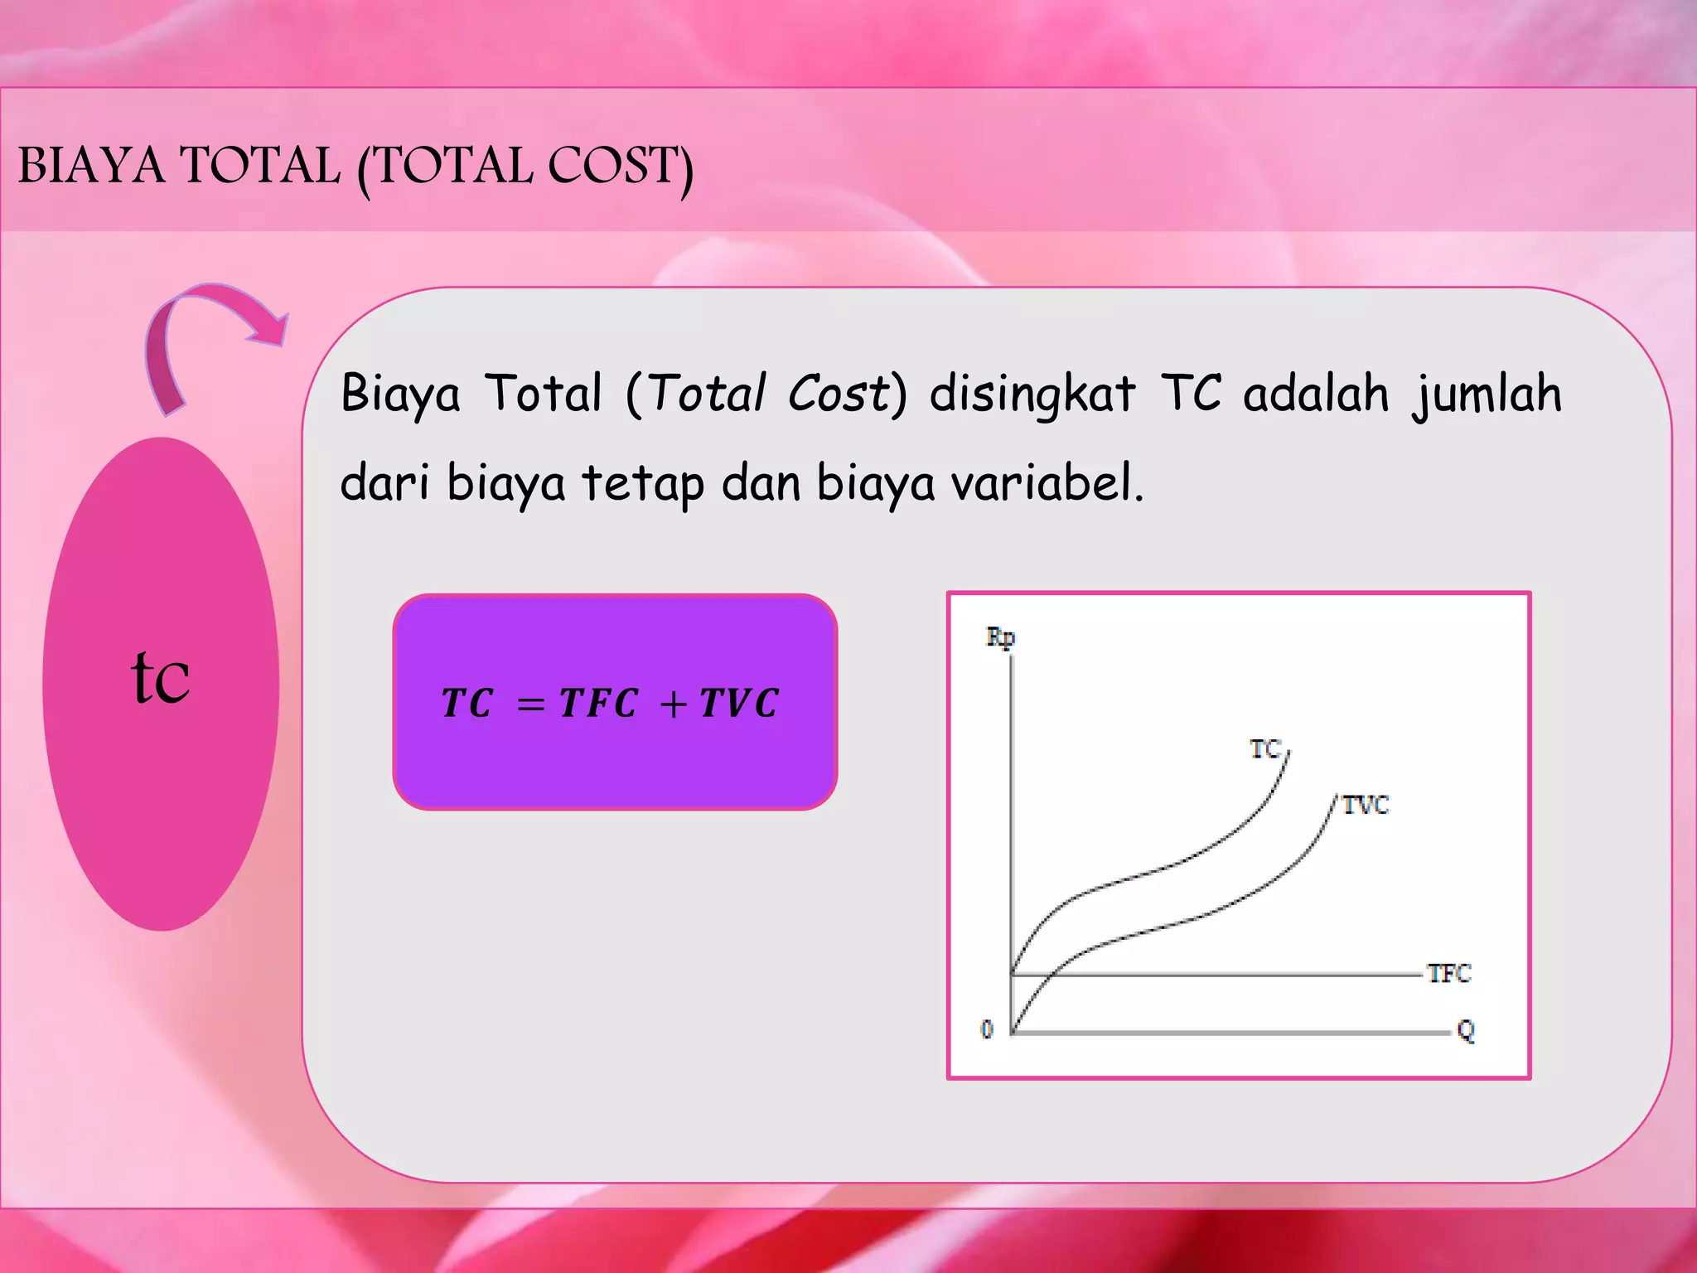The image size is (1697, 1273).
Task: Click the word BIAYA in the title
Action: click(x=91, y=165)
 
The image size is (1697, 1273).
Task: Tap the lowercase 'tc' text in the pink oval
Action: click(x=161, y=677)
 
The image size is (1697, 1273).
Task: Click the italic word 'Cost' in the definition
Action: click(x=838, y=393)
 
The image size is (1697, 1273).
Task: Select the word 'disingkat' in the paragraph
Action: click(x=1031, y=394)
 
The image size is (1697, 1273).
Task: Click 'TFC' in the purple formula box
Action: click(x=598, y=704)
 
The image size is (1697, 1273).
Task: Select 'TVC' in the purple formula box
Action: click(x=738, y=704)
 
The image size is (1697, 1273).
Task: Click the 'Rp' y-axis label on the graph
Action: click(x=1000, y=638)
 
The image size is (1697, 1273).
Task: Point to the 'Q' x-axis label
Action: click(x=1465, y=1031)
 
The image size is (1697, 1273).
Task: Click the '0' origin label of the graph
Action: click(x=987, y=1029)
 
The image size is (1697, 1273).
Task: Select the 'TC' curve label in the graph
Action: click(x=1265, y=750)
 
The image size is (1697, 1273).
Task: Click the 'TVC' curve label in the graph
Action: click(x=1366, y=805)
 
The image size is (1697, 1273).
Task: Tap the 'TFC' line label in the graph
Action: click(x=1448, y=973)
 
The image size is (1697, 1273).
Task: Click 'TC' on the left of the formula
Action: click(x=467, y=704)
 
